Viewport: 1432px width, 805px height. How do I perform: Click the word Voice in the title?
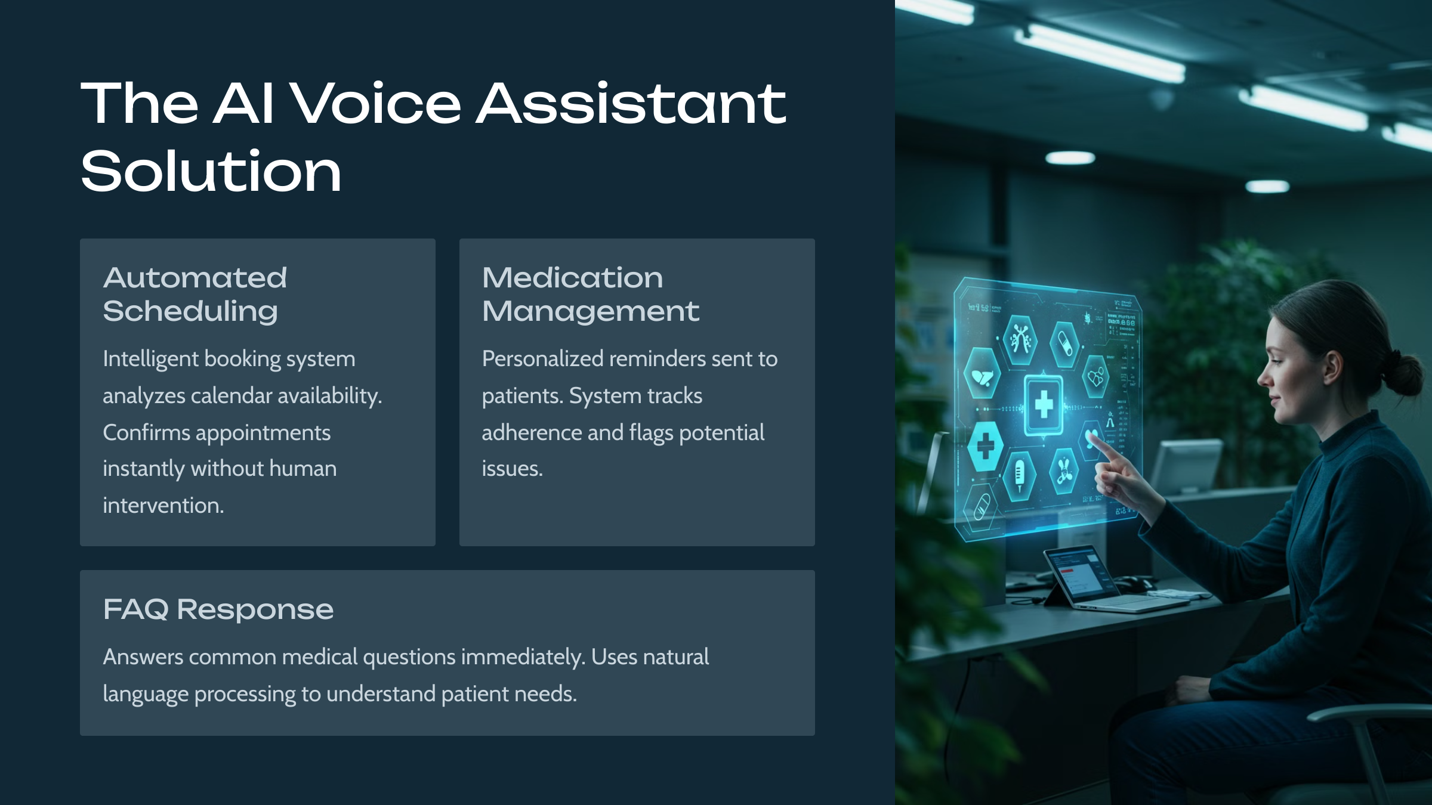pos(378,104)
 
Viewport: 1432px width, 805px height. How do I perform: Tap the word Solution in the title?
pos(211,172)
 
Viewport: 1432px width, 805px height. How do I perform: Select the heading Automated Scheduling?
pos(195,295)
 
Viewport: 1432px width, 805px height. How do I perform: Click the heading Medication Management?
pos(591,295)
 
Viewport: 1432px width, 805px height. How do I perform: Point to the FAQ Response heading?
pos(218,609)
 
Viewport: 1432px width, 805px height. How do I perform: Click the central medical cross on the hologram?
pos(1044,404)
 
